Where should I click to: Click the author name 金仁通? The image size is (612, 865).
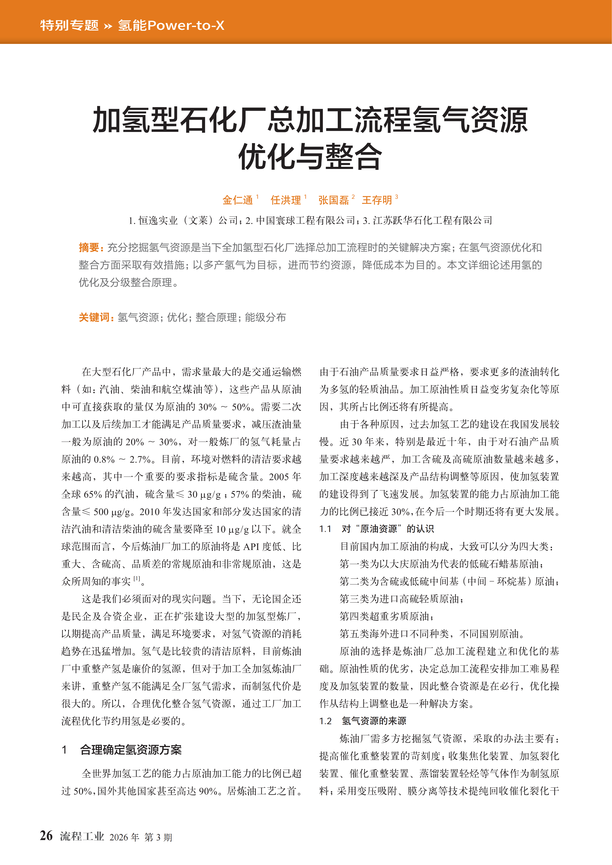[237, 200]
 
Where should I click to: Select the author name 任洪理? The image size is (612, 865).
[285, 200]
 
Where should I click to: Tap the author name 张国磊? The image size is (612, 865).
[333, 200]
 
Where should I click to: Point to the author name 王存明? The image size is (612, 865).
[377, 200]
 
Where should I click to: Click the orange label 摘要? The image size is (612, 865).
[89, 248]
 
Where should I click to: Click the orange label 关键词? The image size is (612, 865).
[94, 317]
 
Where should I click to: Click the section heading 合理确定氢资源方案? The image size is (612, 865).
[131, 750]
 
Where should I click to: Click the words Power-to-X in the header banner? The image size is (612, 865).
[186, 26]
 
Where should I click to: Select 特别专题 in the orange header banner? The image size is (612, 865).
[69, 26]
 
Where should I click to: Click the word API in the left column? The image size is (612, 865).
[251, 547]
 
